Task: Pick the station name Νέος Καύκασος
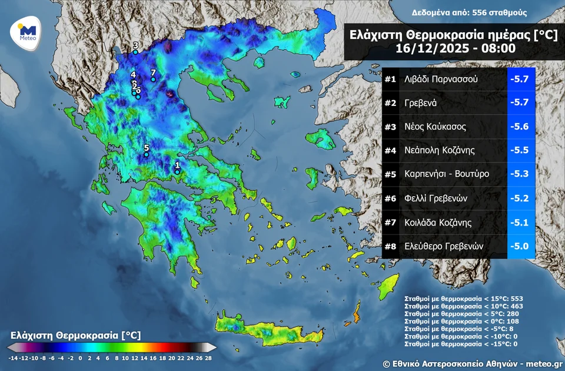click(x=435, y=127)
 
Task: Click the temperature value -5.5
click(x=521, y=151)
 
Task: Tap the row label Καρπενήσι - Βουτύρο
click(x=447, y=174)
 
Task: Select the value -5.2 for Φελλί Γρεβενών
click(x=521, y=198)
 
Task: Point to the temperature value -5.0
click(x=521, y=246)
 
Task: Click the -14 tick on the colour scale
click(x=12, y=357)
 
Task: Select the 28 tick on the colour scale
click(x=208, y=357)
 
